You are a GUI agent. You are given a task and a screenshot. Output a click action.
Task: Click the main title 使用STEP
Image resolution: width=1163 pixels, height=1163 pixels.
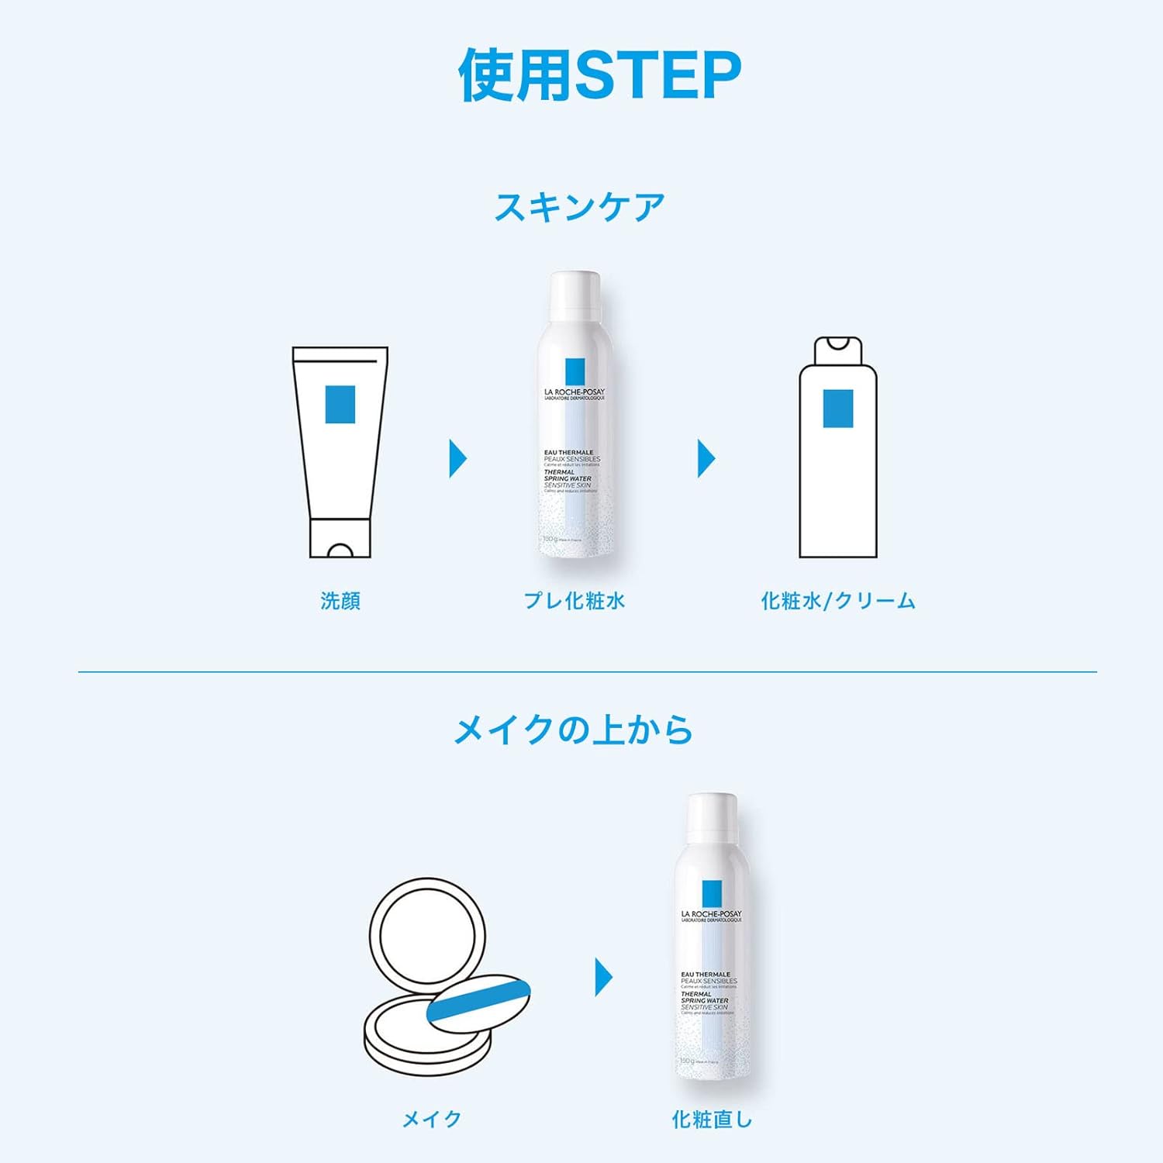(x=599, y=75)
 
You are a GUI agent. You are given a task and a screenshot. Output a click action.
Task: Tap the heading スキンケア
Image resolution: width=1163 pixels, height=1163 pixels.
(x=580, y=208)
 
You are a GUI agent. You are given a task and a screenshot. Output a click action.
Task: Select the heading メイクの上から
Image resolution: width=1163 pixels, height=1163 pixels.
(x=573, y=730)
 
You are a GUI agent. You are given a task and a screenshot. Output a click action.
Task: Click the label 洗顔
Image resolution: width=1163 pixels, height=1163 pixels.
(x=340, y=601)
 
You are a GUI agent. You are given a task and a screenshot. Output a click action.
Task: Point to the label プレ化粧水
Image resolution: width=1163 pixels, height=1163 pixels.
(x=575, y=601)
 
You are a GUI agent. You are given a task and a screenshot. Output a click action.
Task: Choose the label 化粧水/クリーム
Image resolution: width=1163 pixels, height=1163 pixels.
(x=838, y=601)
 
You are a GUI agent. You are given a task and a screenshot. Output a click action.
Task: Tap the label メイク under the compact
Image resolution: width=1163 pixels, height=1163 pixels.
(x=432, y=1119)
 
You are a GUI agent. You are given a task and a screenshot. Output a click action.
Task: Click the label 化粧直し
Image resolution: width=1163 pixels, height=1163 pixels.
(x=712, y=1119)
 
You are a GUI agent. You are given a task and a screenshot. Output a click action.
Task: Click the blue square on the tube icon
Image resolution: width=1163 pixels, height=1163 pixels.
(x=340, y=404)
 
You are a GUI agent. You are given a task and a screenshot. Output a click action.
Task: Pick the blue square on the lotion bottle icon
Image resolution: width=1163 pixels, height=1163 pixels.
(x=838, y=408)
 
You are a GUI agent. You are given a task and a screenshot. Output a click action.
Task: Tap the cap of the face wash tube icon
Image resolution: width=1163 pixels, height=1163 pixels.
(x=340, y=539)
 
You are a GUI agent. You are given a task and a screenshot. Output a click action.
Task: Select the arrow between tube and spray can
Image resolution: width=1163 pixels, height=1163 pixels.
(x=457, y=459)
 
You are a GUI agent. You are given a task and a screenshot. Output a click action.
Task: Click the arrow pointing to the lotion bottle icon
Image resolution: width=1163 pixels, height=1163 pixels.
(x=706, y=459)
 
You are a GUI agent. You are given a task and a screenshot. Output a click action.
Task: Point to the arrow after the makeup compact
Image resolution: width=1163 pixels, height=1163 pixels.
(x=603, y=977)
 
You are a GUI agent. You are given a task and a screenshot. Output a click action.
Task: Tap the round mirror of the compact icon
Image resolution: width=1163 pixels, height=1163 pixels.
(x=428, y=934)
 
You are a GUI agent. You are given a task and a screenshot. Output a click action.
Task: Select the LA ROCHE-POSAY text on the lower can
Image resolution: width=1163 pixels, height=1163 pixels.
(x=711, y=914)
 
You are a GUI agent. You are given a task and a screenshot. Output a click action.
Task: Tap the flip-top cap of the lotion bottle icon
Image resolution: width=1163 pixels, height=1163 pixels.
(x=838, y=350)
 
